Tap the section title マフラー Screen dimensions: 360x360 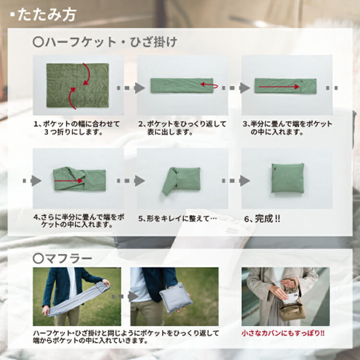(62, 258)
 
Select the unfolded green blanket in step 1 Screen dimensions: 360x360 (77, 85)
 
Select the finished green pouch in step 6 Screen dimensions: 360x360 (288, 178)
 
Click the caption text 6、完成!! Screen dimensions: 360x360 (262, 218)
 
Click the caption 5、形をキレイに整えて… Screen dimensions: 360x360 (178, 218)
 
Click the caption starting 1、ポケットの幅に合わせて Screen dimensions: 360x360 (77, 127)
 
